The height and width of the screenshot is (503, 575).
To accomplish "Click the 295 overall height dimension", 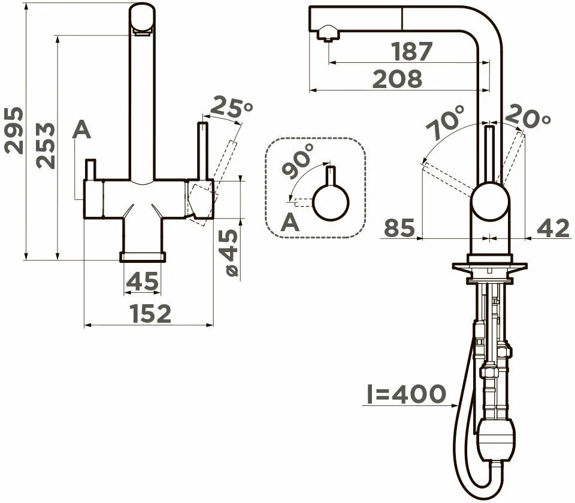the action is (x=14, y=130).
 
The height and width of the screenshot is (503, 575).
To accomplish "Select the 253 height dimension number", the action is (x=46, y=146).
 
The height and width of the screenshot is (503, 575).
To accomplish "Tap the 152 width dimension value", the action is (x=151, y=313).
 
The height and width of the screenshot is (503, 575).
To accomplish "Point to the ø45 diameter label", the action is (x=230, y=253).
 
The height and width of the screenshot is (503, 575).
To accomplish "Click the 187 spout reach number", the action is (x=412, y=51).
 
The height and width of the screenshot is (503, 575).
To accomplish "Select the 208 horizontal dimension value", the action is (x=397, y=79).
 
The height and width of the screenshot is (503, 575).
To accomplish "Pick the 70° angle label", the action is (x=445, y=122).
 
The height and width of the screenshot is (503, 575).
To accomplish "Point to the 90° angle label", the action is (x=298, y=161).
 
